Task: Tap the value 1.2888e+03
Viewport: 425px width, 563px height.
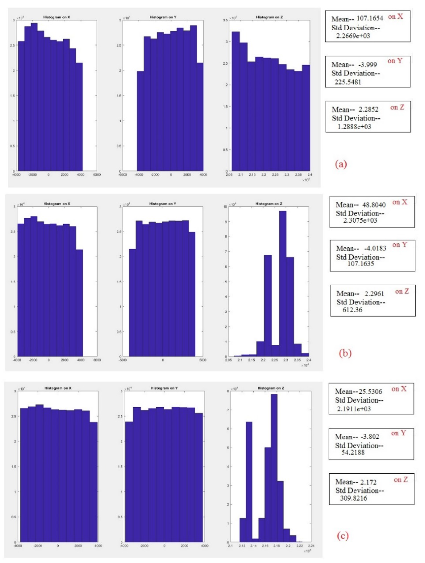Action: click(354, 127)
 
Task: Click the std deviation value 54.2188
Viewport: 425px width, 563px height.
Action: click(353, 452)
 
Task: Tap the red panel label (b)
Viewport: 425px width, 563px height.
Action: click(345, 353)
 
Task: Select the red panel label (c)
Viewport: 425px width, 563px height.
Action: click(343, 536)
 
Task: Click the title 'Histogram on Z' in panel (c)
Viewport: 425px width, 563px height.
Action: click(271, 388)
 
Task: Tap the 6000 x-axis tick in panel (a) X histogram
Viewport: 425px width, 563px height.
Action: click(97, 175)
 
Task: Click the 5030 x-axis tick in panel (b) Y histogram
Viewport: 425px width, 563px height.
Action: click(203, 360)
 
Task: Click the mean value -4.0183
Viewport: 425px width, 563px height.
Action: click(375, 248)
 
